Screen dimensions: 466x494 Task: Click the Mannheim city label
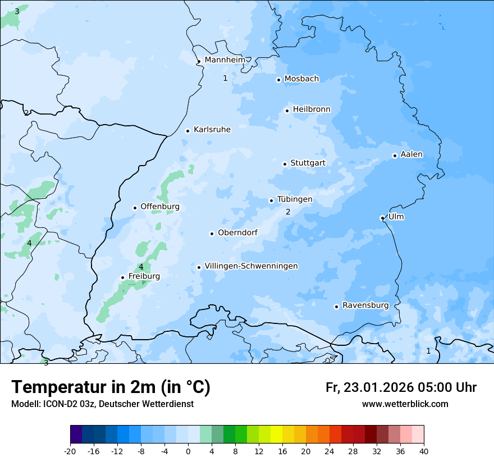[x=225, y=60]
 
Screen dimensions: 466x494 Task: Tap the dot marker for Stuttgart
[x=285, y=164]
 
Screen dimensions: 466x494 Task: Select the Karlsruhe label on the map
[x=212, y=130]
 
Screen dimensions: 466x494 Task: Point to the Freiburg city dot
[x=122, y=277]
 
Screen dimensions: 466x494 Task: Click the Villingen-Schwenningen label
[x=251, y=266]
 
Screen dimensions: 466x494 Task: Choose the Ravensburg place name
[x=365, y=305]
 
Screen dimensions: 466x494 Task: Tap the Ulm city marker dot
[x=382, y=218]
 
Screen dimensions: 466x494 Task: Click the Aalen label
[x=411, y=154]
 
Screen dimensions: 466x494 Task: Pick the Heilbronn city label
[x=312, y=109]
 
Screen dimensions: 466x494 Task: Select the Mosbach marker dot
[x=278, y=80]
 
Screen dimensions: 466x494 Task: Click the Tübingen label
[x=294, y=199]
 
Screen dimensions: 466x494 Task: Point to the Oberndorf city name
[x=237, y=232]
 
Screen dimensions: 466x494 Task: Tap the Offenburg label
[x=160, y=207]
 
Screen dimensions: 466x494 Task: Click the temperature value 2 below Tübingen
[x=288, y=212]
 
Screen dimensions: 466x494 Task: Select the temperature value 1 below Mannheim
[x=225, y=78]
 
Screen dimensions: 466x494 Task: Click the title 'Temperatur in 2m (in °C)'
[x=111, y=387]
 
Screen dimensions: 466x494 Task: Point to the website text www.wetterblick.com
[x=405, y=404]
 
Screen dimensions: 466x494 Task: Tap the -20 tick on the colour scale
[x=70, y=451]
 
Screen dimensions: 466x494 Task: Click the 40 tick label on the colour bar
[x=423, y=451]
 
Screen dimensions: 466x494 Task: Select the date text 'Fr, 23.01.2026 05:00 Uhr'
[x=401, y=387]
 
